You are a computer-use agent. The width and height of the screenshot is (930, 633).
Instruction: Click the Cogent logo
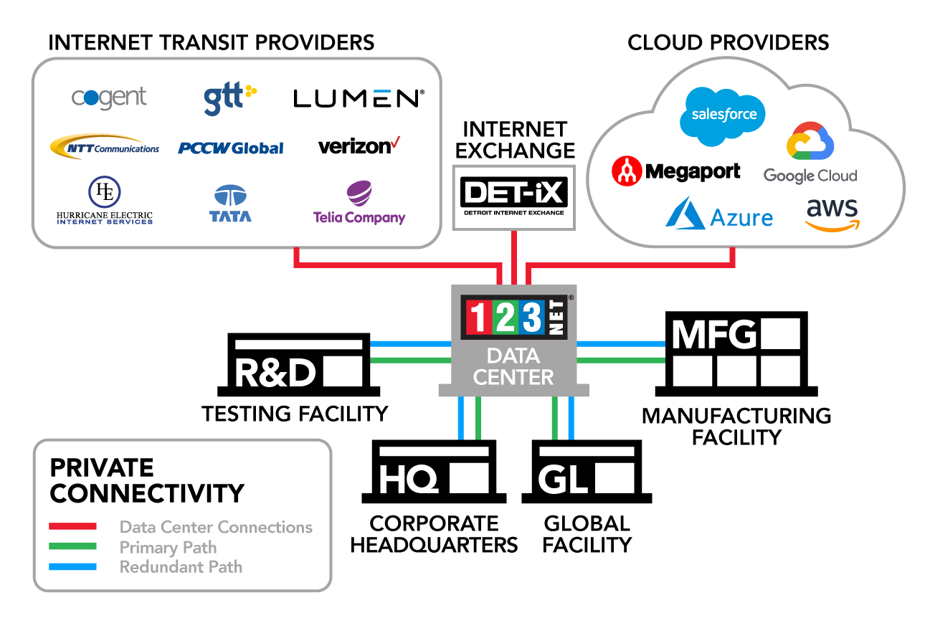[109, 97]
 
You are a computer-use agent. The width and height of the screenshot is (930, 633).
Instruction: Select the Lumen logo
[359, 98]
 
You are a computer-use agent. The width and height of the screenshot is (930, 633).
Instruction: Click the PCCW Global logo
[230, 148]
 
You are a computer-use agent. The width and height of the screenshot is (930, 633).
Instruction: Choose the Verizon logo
[358, 146]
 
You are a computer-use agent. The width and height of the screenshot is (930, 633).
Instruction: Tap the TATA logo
[231, 204]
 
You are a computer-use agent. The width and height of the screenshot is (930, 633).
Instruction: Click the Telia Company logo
[359, 204]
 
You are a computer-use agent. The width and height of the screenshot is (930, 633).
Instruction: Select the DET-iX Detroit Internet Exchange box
[513, 197]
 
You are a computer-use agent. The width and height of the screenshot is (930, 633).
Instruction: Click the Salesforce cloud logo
[723, 115]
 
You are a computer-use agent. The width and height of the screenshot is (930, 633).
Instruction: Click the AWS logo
[832, 215]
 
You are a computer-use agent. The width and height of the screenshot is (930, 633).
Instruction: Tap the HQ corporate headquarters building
[435, 473]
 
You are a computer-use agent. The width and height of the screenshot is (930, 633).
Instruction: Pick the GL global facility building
[586, 473]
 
